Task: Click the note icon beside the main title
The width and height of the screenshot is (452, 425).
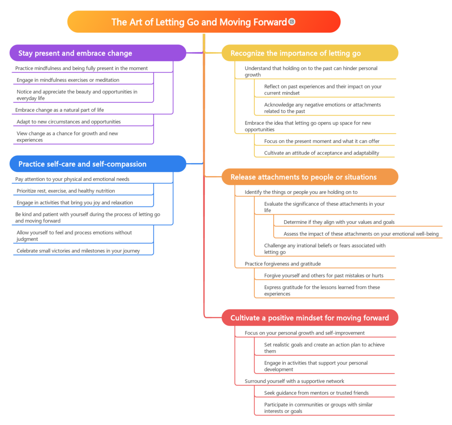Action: (292, 22)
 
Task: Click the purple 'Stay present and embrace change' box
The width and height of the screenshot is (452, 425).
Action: (98, 53)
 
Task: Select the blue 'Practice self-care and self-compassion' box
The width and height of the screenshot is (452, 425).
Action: (98, 164)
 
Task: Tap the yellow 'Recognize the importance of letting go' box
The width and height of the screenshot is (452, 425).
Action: (310, 53)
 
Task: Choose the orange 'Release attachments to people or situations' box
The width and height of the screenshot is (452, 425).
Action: (310, 177)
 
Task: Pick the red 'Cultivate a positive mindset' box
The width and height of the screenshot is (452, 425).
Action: (310, 318)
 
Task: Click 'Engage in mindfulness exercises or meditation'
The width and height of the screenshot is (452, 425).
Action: (68, 80)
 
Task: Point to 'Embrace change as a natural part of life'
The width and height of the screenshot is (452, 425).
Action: (60, 110)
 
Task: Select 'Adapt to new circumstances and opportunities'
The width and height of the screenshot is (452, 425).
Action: (68, 122)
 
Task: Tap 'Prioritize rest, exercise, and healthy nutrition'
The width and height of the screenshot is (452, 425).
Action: (66, 191)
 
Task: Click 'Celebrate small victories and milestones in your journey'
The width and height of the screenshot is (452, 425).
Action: (78, 251)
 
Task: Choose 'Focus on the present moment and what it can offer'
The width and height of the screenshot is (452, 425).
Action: (322, 141)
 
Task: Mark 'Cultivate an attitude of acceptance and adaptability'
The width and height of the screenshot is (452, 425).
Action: (322, 153)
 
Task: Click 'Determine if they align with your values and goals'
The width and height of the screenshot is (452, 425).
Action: (339, 222)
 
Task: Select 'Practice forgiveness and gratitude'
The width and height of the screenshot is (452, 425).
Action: (283, 264)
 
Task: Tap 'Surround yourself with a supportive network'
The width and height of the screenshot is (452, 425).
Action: (294, 381)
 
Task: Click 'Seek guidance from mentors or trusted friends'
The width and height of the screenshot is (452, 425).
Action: (316, 393)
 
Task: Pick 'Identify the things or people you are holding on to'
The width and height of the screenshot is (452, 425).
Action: (301, 192)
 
